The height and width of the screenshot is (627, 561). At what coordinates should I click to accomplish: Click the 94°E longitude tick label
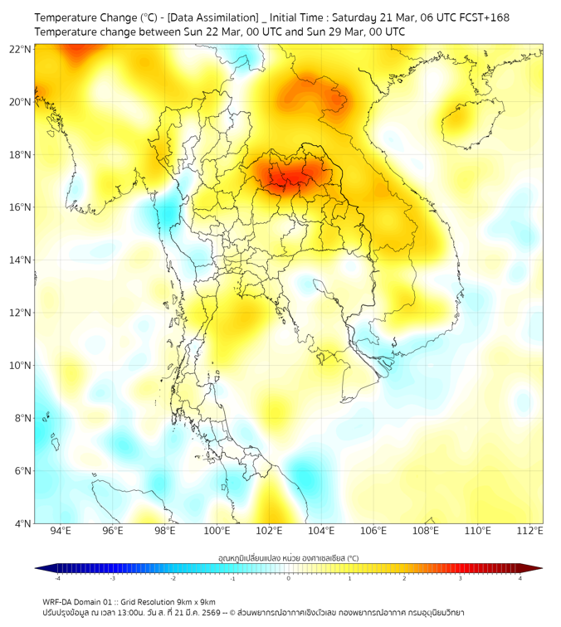61,531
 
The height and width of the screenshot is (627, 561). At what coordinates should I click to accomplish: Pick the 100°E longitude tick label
217,531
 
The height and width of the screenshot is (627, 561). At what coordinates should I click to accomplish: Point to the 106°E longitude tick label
373,531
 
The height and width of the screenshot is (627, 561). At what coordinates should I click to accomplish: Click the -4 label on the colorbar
57,578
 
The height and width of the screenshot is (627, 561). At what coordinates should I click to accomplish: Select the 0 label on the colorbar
289,578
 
